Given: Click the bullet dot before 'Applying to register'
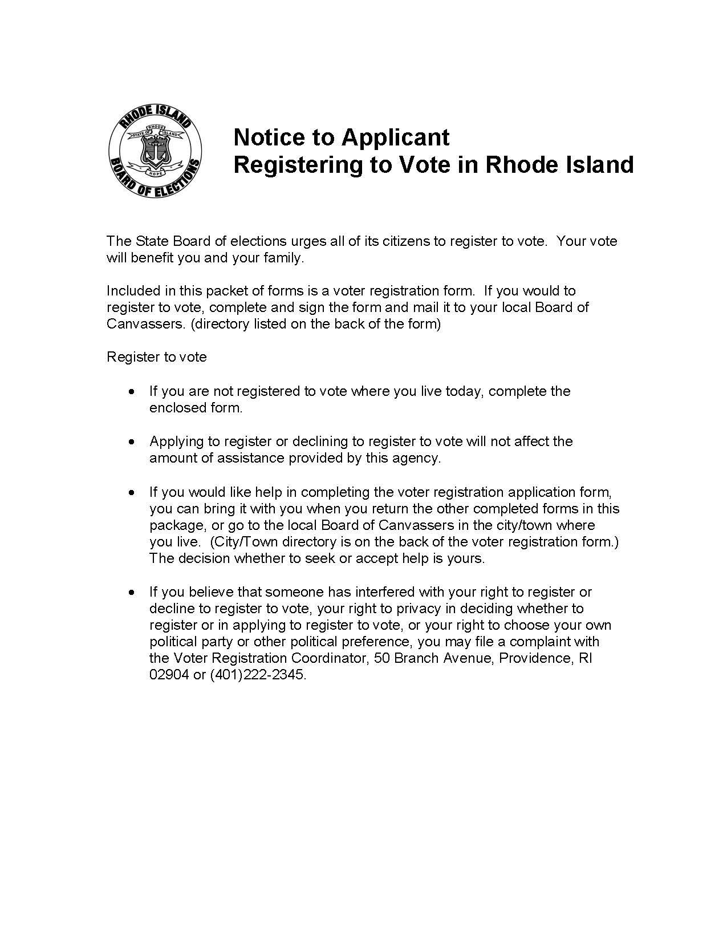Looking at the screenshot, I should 132,442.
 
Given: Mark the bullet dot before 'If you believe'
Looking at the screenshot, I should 132,593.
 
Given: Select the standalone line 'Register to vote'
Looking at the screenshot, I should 157,358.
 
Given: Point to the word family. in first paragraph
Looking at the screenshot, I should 284,258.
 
